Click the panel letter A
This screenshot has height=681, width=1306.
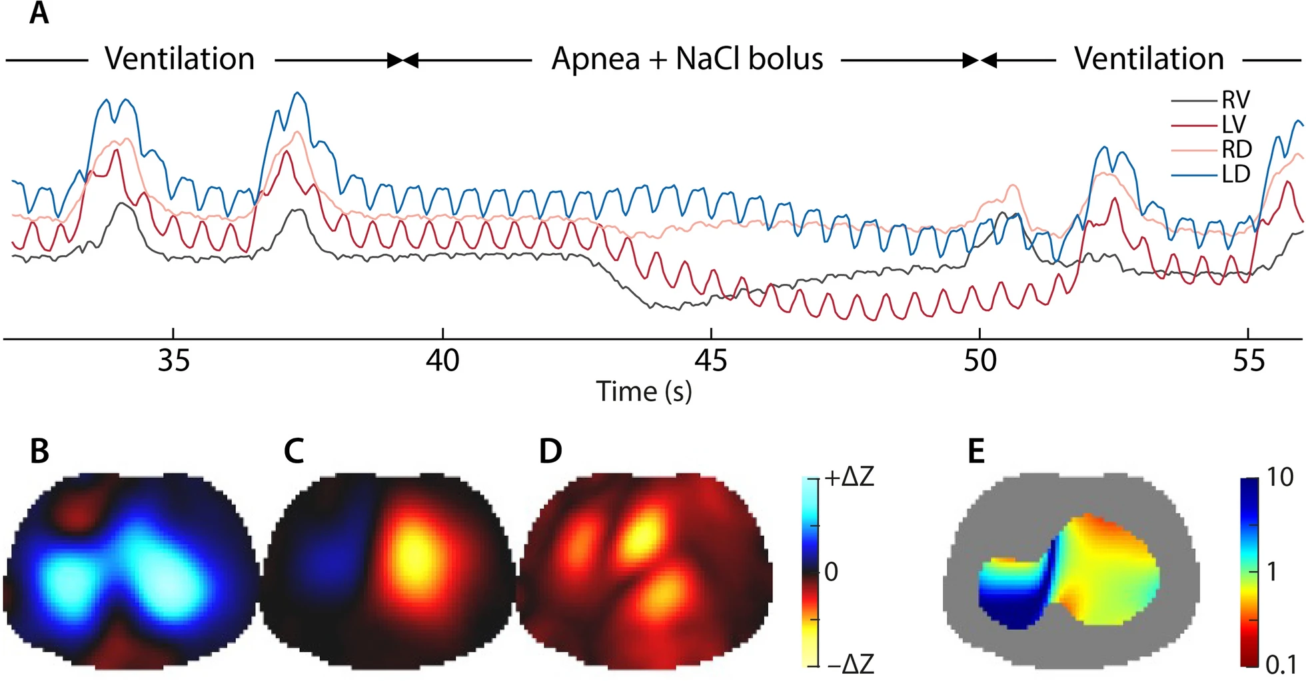point(39,13)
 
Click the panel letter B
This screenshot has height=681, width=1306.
point(39,451)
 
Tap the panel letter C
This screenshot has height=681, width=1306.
point(294,451)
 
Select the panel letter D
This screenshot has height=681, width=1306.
point(550,451)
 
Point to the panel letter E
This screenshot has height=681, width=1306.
point(976,451)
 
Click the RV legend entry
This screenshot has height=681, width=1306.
point(1235,100)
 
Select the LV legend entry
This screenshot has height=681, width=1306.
point(1233,125)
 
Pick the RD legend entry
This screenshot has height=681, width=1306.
point(1236,149)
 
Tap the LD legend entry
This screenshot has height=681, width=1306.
point(1235,175)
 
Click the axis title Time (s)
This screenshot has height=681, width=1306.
point(644,392)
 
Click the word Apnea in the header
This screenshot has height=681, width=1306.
point(594,59)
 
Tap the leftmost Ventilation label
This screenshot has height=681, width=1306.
point(180,59)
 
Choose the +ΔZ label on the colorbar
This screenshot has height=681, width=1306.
point(848,477)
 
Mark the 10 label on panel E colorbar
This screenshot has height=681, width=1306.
point(1279,477)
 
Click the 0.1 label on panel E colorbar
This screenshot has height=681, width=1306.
point(1280,664)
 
